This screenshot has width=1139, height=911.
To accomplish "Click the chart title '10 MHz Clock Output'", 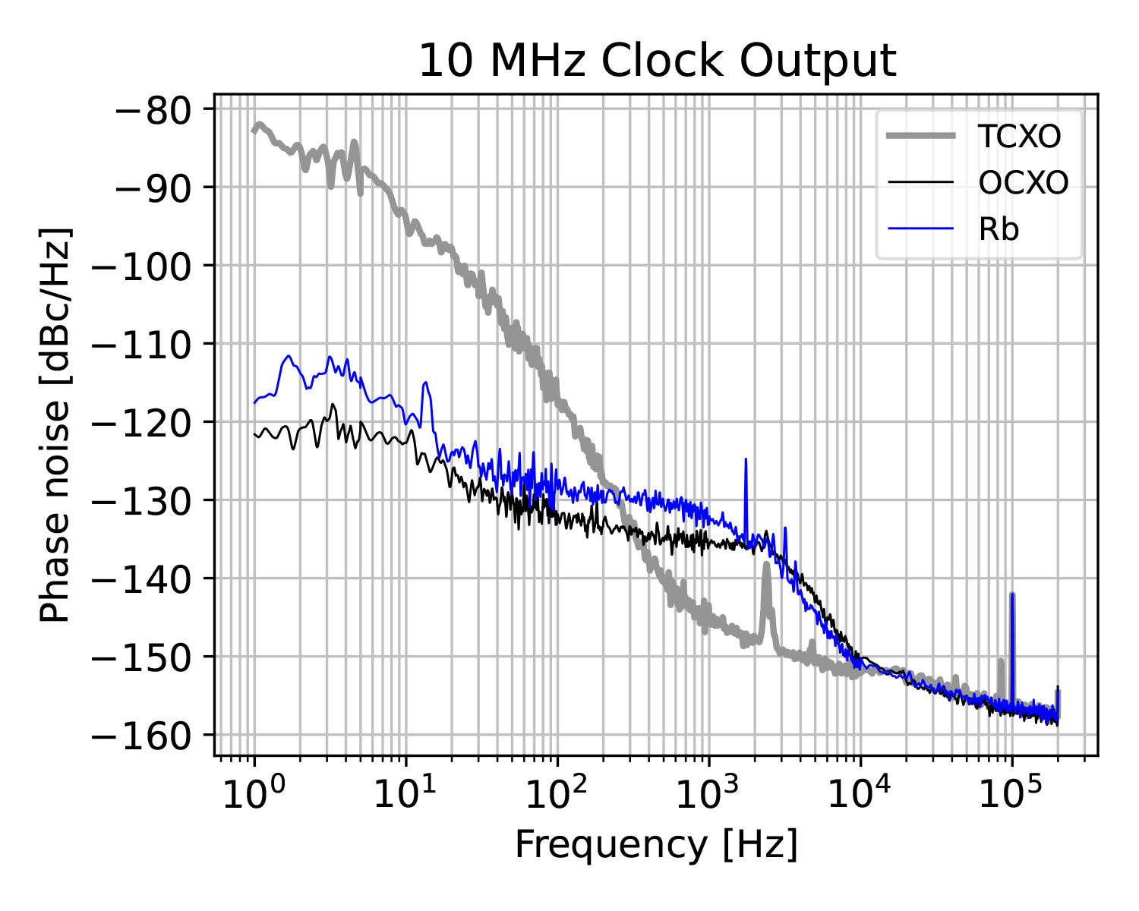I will click(x=658, y=61).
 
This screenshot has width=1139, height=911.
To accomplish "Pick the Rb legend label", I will click(x=999, y=229).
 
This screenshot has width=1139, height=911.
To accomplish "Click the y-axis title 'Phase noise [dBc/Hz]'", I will click(x=55, y=424).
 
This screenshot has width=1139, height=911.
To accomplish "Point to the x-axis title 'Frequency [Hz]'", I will click(x=657, y=844).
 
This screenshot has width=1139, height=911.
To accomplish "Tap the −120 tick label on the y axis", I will click(x=144, y=422).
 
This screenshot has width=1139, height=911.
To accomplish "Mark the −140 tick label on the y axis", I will click(x=144, y=578).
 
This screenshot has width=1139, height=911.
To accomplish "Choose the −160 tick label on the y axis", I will click(x=144, y=735).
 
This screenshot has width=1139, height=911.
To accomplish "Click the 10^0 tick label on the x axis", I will click(x=254, y=796).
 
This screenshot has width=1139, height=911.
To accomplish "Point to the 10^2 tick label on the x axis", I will click(x=557, y=796).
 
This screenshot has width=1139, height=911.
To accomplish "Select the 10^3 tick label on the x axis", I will click(x=708, y=796).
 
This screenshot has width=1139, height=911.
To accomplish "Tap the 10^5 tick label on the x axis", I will click(x=1011, y=796).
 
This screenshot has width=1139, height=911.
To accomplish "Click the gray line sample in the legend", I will click(x=920, y=137).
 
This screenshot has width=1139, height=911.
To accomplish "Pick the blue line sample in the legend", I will click(x=920, y=229).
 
